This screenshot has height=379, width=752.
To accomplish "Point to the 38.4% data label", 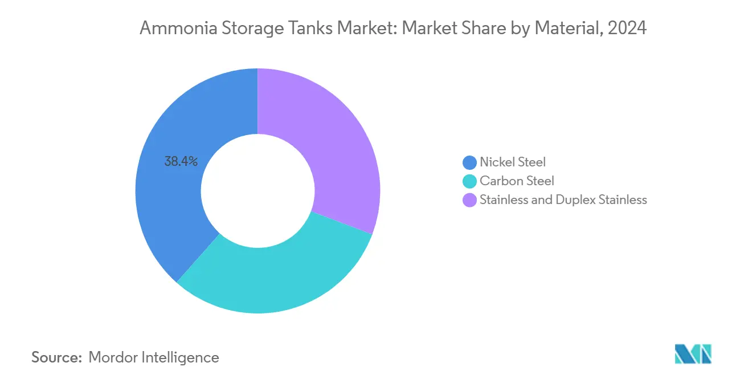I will click(x=181, y=162).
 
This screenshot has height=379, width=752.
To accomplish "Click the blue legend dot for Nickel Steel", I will click(x=469, y=162).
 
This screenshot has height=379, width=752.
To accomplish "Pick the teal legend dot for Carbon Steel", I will click(x=469, y=181).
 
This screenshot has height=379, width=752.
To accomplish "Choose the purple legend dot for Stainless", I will click(x=469, y=200).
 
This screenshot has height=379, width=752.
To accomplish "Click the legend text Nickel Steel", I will click(x=513, y=162).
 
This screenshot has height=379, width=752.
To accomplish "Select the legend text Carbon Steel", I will click(x=517, y=181).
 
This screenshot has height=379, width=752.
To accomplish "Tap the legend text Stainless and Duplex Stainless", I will click(x=563, y=200).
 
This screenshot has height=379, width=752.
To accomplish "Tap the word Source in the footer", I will click(x=56, y=357).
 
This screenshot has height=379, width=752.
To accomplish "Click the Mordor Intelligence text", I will click(x=154, y=357).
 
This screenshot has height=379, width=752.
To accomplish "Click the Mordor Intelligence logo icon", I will click(x=693, y=354).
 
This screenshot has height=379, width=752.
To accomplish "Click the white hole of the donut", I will click(x=258, y=191).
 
